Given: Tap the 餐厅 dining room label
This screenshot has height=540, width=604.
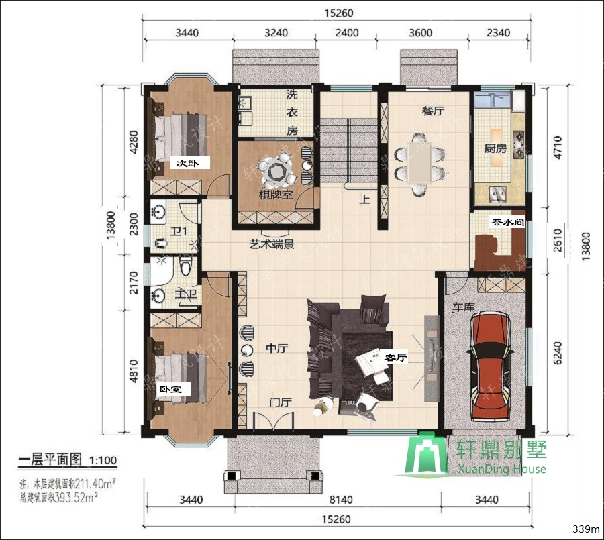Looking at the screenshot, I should click(x=434, y=111).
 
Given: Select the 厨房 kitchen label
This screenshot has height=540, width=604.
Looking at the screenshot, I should click(x=495, y=148).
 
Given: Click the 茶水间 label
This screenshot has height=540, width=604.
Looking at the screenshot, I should click(x=507, y=223).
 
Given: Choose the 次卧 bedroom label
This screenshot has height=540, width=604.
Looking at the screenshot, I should click(x=183, y=163).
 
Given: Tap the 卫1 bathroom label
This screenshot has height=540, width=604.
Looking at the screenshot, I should click(x=179, y=233).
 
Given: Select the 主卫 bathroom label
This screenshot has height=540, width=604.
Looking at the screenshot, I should click(x=185, y=294).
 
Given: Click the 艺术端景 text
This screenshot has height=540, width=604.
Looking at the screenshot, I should click(x=271, y=246).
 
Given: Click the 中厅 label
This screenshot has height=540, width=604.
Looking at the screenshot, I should click(x=276, y=349).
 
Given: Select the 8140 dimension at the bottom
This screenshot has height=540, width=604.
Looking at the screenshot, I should click(x=333, y=499).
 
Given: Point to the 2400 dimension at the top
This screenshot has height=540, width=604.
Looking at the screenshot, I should click(x=347, y=32).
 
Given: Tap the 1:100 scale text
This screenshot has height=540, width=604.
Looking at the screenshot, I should click(x=103, y=461).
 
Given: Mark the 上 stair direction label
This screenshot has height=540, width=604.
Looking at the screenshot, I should click(x=364, y=199).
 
